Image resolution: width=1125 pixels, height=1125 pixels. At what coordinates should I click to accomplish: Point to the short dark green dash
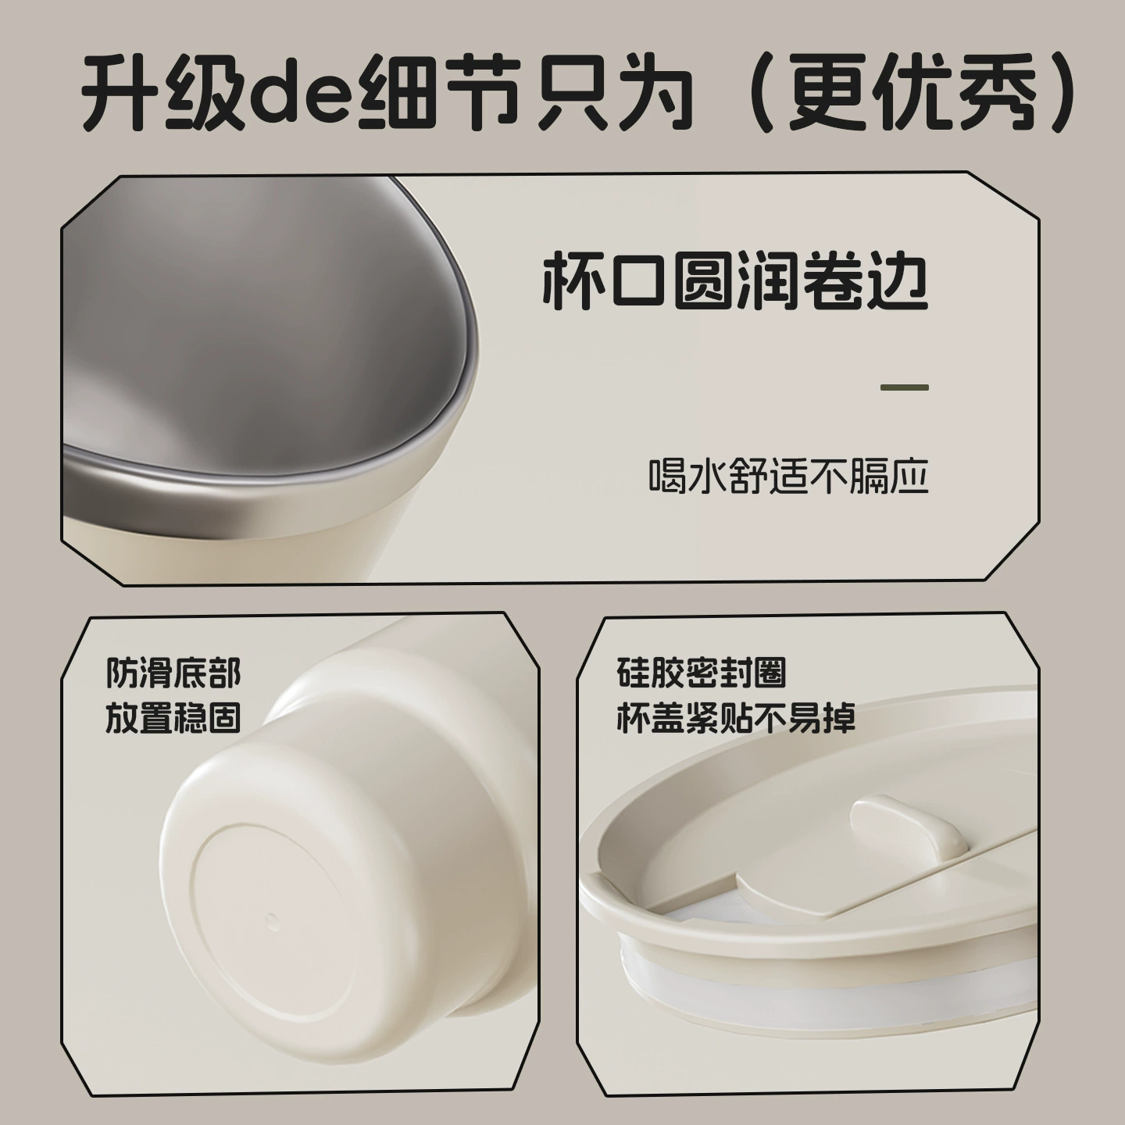[x=905, y=387]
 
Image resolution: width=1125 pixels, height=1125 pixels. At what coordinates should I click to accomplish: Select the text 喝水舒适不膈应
[x=789, y=476]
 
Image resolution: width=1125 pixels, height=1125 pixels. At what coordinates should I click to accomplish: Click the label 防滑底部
[x=173, y=673]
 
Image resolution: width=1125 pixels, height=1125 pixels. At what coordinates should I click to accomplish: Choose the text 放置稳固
[x=173, y=717]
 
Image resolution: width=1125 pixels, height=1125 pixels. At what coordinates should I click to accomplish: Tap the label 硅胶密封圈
[x=701, y=673]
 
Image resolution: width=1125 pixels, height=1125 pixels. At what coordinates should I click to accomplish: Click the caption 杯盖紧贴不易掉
[x=736, y=717]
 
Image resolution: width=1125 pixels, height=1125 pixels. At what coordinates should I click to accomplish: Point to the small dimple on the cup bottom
[x=272, y=921]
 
